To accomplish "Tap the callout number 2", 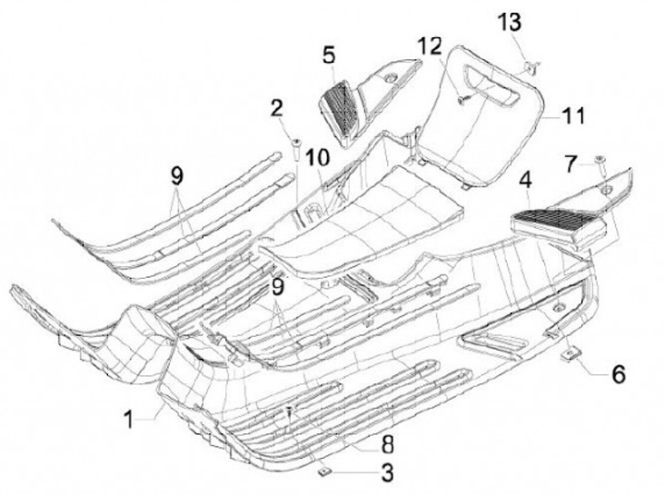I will click(x=276, y=108).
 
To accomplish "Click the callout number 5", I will click(x=330, y=55).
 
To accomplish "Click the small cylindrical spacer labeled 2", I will click(x=298, y=145).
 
